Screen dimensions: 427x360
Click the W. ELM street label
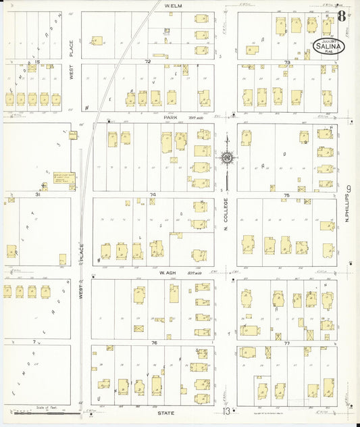point(174,5)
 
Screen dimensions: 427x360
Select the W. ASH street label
point(168,272)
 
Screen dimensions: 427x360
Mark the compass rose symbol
point(227,157)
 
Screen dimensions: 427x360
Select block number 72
point(147,61)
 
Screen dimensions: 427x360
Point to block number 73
point(287,62)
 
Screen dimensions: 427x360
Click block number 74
point(153,195)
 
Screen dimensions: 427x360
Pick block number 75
point(287,195)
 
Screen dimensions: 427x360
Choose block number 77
point(287,343)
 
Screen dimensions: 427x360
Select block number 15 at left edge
point(38,61)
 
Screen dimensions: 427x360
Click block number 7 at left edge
point(34,343)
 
